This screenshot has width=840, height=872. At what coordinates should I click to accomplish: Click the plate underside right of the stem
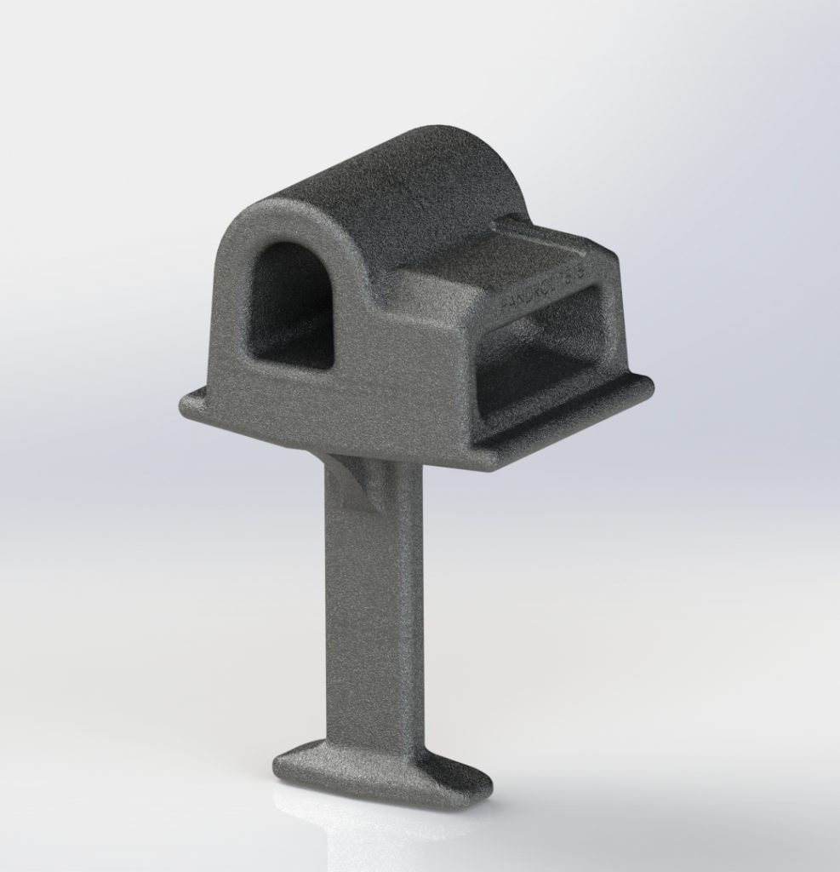(451, 464)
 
